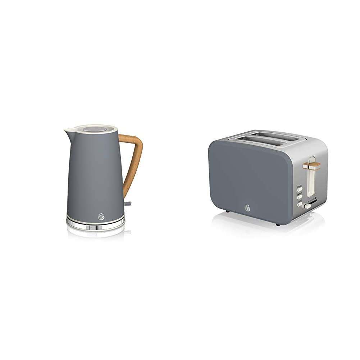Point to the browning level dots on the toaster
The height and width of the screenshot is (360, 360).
[312, 200]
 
